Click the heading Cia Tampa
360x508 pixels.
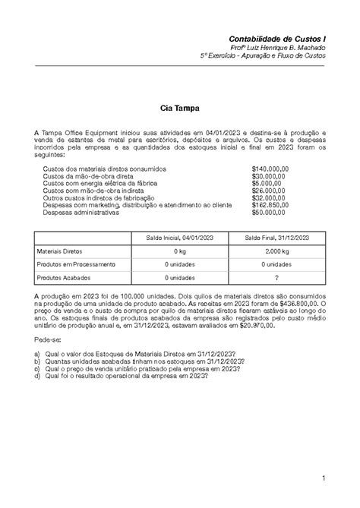point(179,109)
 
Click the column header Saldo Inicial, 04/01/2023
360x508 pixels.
point(179,238)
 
